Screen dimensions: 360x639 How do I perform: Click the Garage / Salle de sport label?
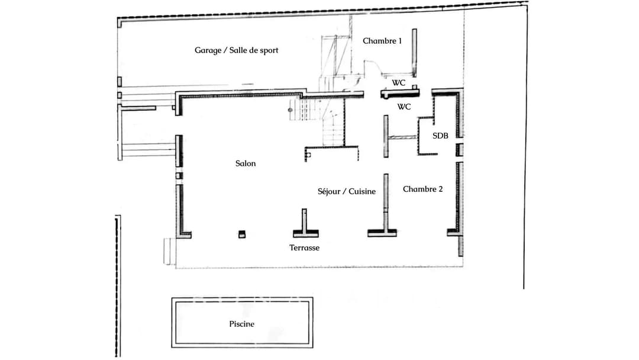click(236, 50)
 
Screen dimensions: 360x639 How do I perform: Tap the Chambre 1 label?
click(382, 41)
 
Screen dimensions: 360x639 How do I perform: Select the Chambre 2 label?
click(422, 189)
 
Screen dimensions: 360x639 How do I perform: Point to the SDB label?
click(440, 136)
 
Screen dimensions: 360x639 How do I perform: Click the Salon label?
click(246, 163)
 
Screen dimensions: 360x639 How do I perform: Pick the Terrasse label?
click(304, 248)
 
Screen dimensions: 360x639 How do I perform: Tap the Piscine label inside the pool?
click(241, 324)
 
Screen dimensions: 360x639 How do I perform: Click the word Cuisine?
click(362, 192)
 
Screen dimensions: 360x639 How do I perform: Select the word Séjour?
click(330, 192)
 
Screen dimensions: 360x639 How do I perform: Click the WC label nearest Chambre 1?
click(398, 83)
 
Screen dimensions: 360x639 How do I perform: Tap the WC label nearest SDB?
click(404, 107)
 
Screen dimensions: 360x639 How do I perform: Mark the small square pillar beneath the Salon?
click(241, 234)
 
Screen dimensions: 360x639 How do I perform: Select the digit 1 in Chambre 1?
click(399, 41)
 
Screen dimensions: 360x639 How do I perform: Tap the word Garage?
click(207, 50)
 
